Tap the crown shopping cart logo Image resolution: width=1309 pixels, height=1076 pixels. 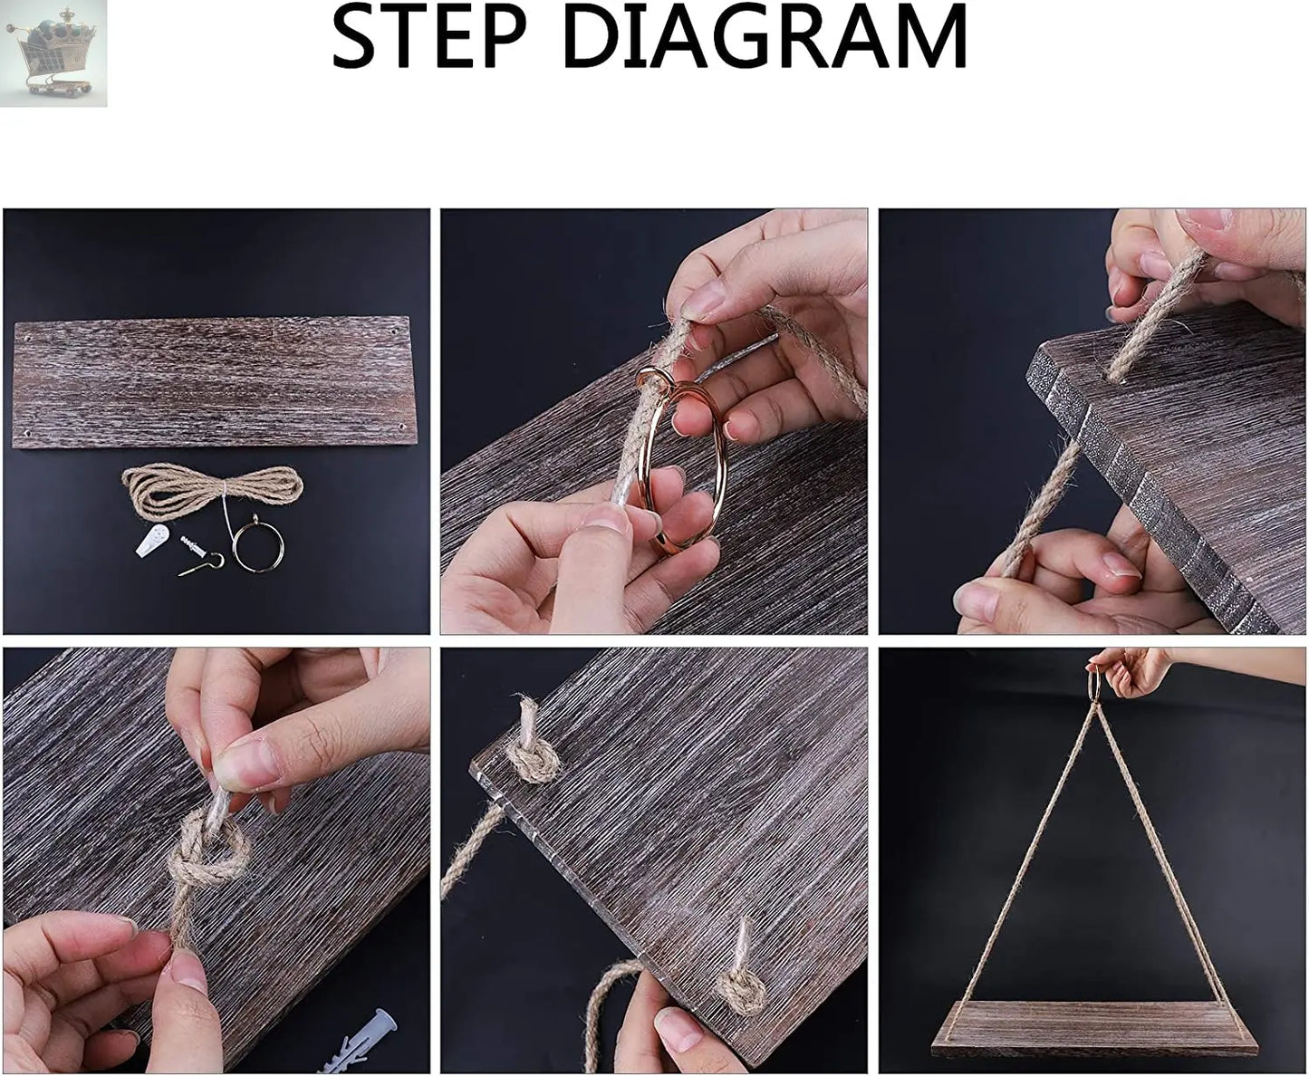53,53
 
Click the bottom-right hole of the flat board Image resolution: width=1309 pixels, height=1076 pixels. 400,428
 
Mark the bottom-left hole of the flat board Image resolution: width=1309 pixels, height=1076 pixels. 26,430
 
